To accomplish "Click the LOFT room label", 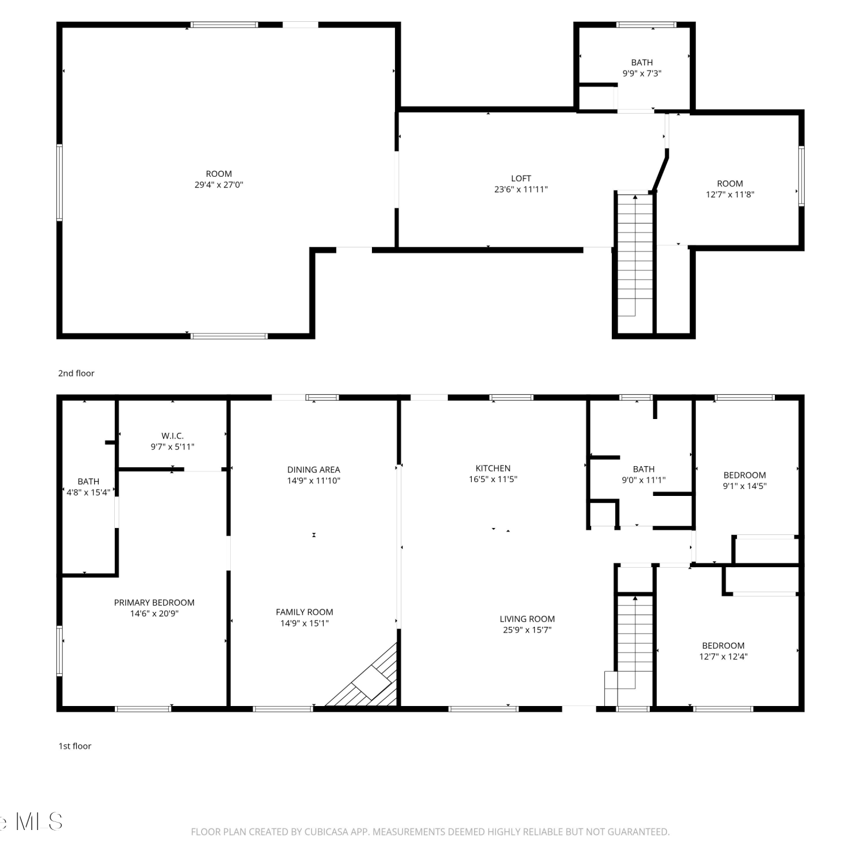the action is point(521,179).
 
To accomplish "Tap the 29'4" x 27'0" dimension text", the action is point(219,185).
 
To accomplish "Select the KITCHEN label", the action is point(493,468).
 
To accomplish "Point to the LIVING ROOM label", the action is point(527,619).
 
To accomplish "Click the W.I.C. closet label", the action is point(172,436).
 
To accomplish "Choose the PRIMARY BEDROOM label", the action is point(154,603).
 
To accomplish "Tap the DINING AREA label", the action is point(313,470).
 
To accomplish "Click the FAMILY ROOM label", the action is point(304,612).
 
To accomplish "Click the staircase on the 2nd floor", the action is point(635,255).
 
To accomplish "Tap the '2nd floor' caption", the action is point(76,373).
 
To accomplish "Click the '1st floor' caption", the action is point(75,746).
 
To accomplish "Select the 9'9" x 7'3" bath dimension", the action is point(642,73).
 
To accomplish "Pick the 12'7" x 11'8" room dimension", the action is point(730,195).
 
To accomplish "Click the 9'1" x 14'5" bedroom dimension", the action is point(744,486).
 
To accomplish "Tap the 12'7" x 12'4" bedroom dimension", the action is point(723,657).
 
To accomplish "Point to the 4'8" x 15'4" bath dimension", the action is point(88,492).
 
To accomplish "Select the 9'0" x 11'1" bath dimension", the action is point(643,480).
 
